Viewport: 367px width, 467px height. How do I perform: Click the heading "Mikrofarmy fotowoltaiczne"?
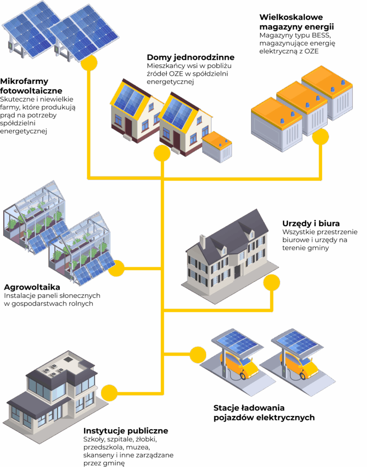pos(31,86)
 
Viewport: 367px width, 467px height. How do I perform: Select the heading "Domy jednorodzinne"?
pos(190,57)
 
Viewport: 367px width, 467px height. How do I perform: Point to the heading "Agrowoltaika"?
pos(32,287)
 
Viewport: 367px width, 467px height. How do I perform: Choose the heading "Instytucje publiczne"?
pos(126,431)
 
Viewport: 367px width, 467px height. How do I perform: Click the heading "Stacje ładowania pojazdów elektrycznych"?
pos(264,412)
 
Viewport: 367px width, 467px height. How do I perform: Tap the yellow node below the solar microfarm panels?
pos(89,63)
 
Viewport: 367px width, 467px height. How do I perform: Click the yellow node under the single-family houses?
pos(162,153)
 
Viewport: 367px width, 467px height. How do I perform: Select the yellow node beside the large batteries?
pos(320,136)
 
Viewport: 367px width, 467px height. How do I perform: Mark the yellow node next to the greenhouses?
pos(116,268)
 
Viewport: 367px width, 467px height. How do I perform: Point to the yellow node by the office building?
pos(272,283)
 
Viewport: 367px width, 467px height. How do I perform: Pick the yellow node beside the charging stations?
pos(198,354)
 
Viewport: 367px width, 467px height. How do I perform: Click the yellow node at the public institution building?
pos(109,392)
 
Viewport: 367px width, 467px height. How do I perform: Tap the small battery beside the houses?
pos(217,146)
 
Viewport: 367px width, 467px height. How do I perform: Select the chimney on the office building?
pos(203,242)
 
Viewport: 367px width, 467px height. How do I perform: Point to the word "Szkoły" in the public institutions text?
pos(94,440)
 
